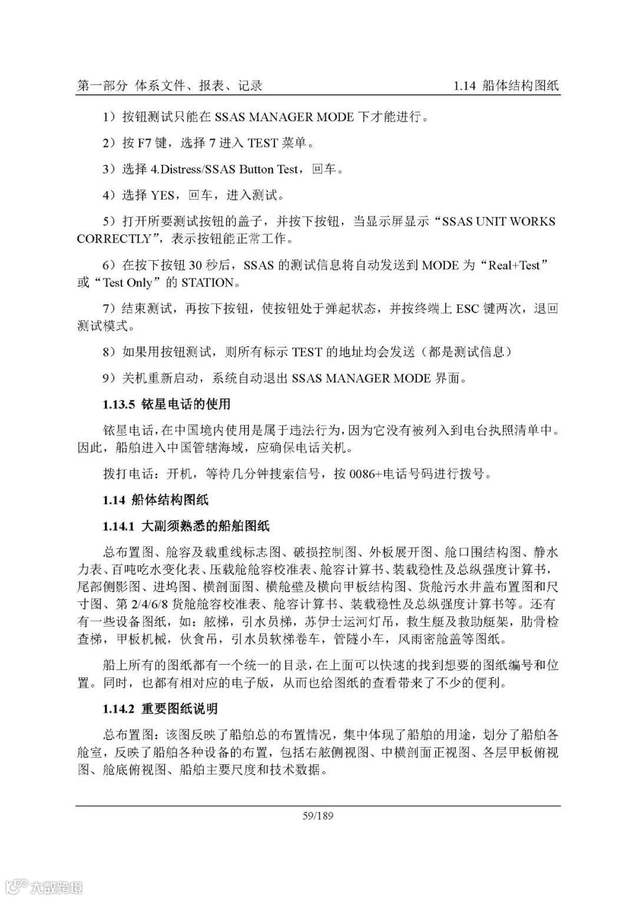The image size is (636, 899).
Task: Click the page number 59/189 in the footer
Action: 318,816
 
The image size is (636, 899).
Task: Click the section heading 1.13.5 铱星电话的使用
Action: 166,404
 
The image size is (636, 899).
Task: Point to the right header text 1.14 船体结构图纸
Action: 506,86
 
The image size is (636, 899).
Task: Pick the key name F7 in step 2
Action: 145,143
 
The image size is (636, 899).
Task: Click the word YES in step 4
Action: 163,195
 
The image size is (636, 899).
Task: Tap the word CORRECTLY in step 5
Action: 114,239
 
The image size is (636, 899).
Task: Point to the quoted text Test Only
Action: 127,283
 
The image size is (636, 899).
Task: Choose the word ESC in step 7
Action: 469,308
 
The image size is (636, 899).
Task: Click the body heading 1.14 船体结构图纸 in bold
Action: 155,500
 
